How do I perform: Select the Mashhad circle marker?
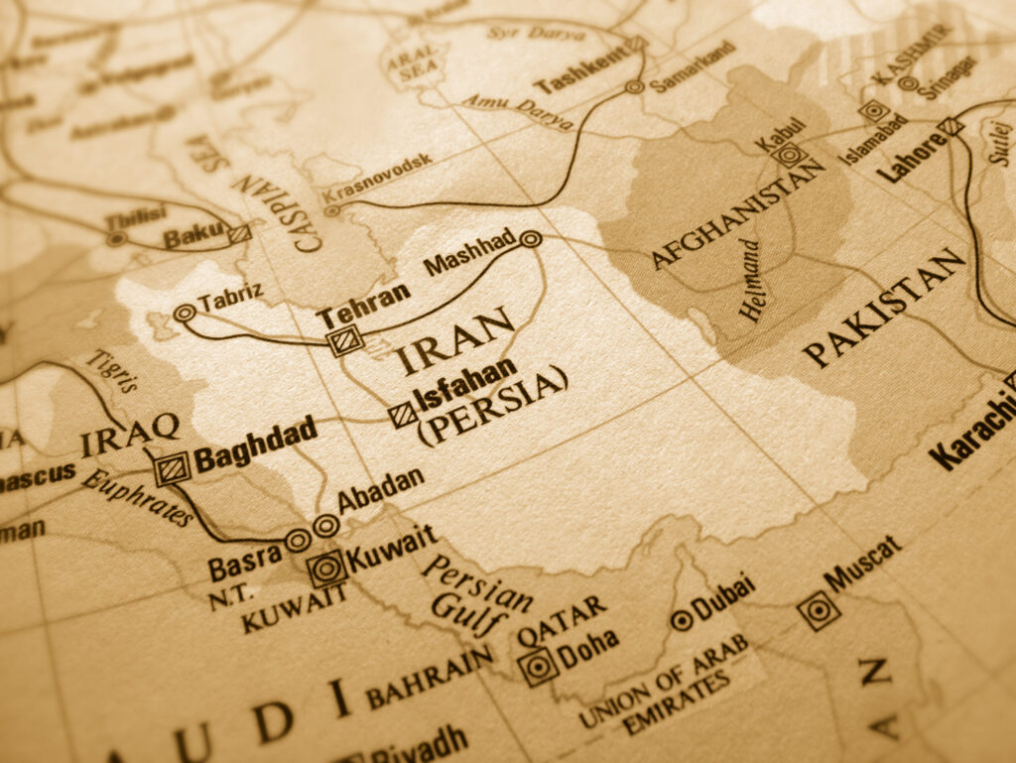coord(530,239)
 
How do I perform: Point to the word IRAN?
coord(456,342)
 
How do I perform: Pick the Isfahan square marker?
coord(402,414)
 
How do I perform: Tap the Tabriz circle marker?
coord(183,314)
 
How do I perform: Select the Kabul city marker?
coord(789,155)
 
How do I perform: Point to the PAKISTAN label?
coord(884,308)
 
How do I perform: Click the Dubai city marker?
coord(682,620)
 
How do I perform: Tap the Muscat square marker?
coord(819,611)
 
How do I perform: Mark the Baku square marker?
coord(238,233)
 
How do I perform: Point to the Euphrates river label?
coord(137,497)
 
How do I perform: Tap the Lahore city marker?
coord(951,126)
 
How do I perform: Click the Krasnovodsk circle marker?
coord(331,210)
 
